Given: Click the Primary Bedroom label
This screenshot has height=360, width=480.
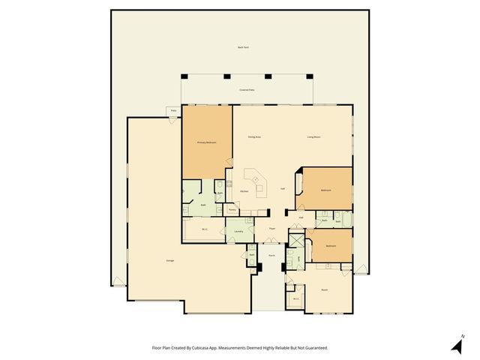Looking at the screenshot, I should click(207, 142).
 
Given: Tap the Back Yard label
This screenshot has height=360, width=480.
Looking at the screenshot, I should click(242, 47).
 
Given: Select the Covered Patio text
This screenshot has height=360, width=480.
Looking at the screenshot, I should click(247, 89).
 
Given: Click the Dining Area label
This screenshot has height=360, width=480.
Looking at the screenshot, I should click(254, 136).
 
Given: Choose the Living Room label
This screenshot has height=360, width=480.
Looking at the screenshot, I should click(313, 136).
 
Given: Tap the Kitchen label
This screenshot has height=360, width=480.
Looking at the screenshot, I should click(244, 191).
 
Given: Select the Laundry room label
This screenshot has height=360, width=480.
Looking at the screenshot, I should click(238, 231).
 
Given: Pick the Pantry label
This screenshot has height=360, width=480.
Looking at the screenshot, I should click(232, 210).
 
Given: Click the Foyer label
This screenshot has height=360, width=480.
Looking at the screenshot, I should click(272, 229).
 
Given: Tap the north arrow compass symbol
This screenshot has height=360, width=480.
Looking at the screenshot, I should click(456, 345).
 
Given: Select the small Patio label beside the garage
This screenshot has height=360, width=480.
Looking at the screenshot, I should click(173, 111).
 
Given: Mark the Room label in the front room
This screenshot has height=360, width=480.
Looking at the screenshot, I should click(325, 289).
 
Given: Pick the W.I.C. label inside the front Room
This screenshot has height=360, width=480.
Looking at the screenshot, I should click(295, 299).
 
